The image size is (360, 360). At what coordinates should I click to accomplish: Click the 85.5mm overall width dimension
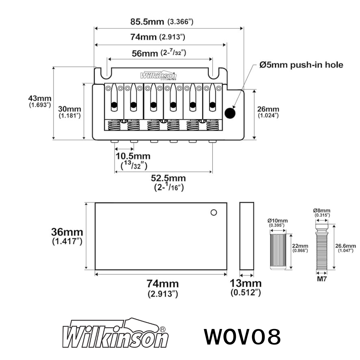(162, 22)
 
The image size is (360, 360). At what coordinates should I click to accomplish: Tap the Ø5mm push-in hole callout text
(301, 65)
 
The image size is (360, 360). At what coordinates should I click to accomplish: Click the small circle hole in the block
(214, 212)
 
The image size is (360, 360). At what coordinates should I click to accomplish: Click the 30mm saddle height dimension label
(69, 112)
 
